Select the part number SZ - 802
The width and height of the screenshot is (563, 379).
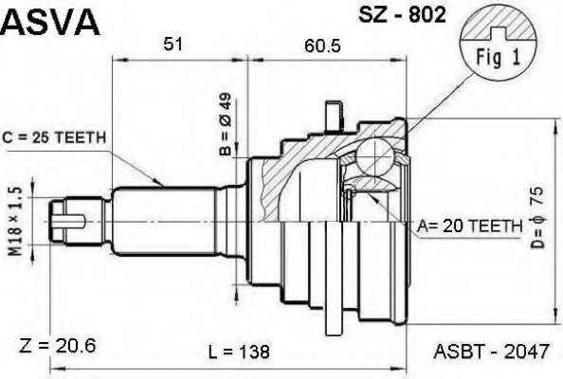click(x=402, y=15)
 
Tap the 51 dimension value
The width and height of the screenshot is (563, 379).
click(x=173, y=45)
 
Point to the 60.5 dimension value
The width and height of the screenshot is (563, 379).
click(x=322, y=45)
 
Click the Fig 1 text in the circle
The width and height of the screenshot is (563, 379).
click(x=498, y=58)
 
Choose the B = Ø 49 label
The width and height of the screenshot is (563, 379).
click(x=227, y=124)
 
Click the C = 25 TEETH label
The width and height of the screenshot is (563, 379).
click(x=54, y=137)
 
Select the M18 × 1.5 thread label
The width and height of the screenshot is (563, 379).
click(x=16, y=222)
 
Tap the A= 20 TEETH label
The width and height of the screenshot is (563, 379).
click(x=469, y=226)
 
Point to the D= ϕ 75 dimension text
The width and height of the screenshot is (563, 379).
click(x=537, y=218)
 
